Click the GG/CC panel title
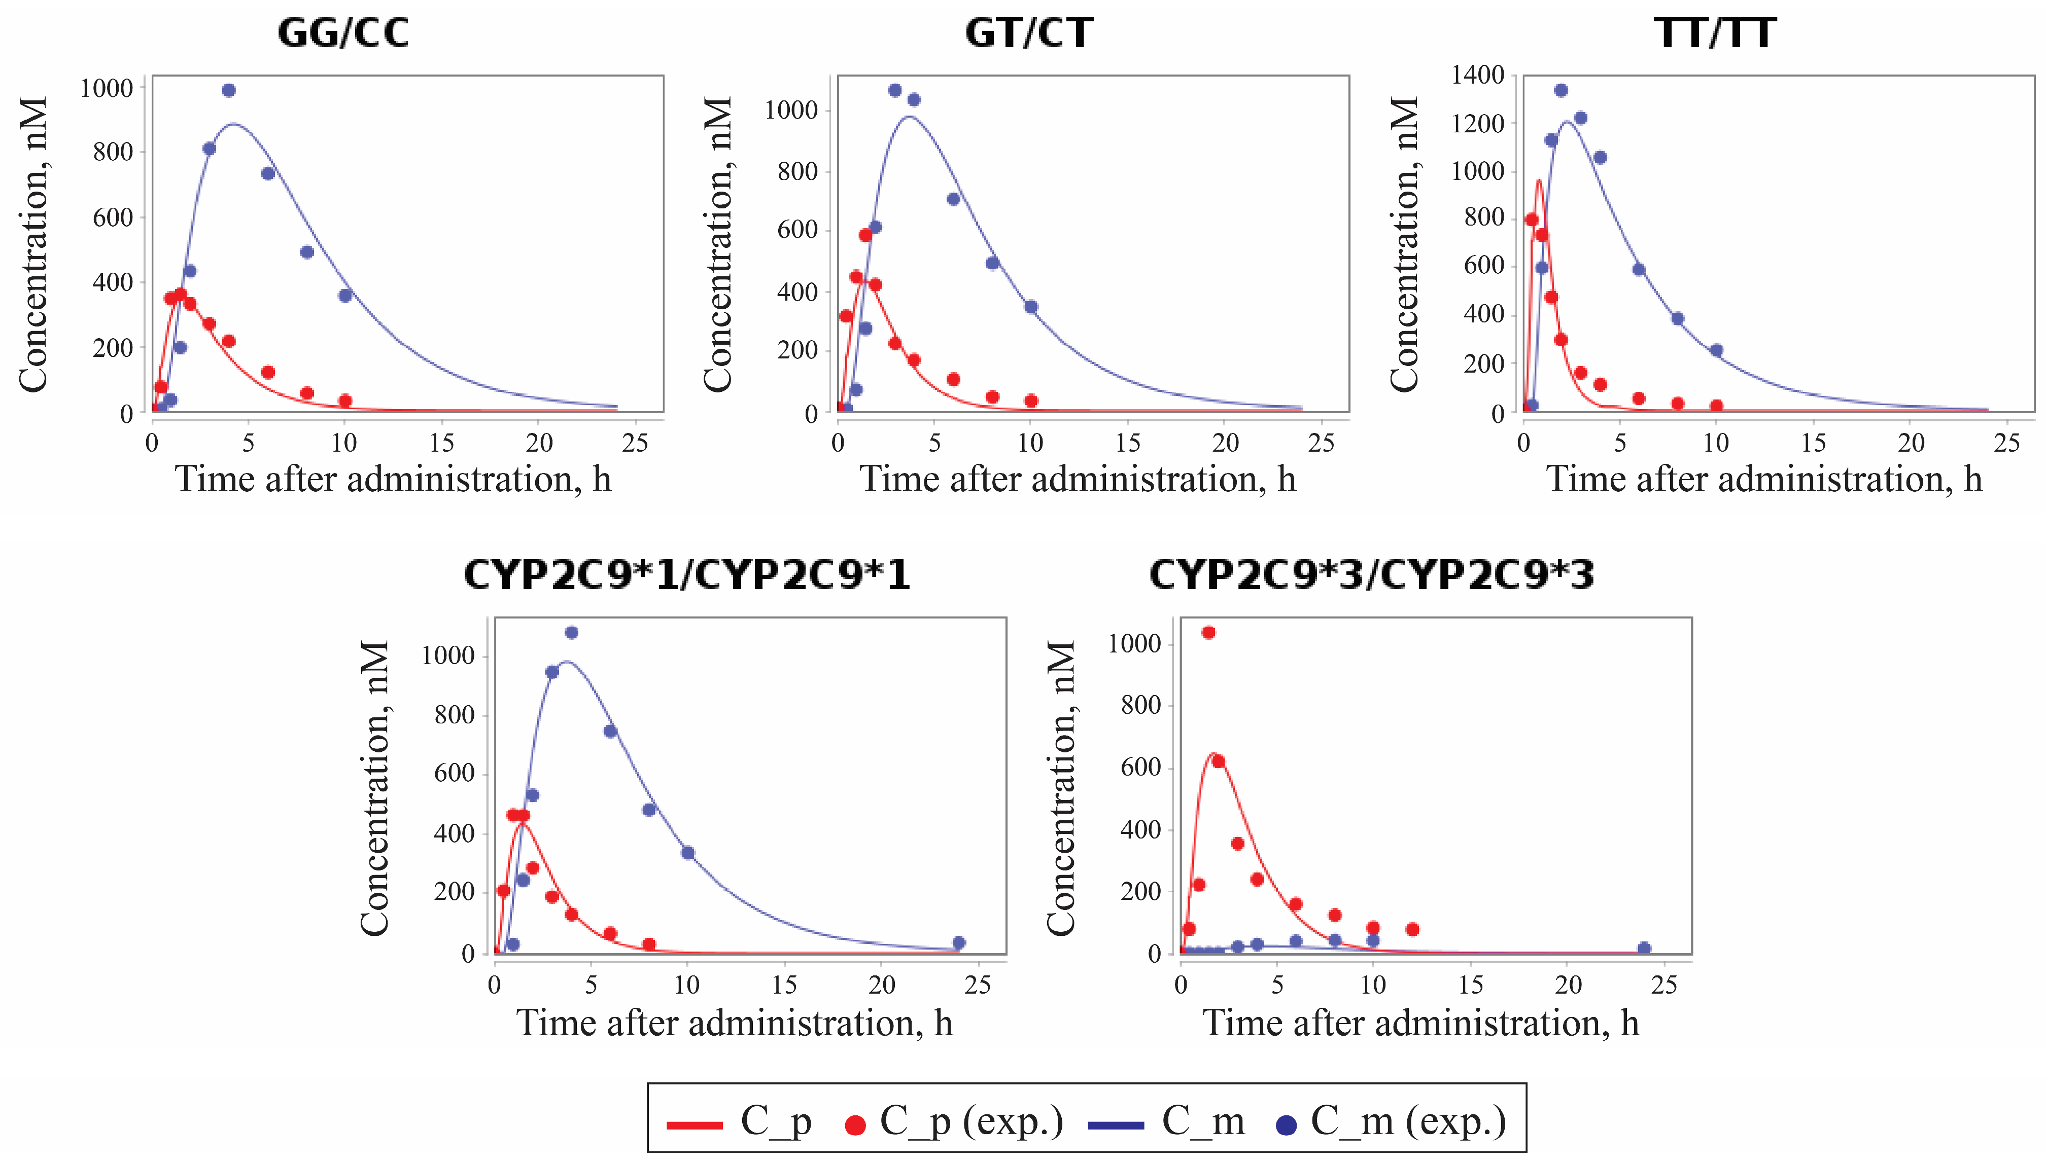tap(342, 33)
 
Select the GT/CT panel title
tap(1029, 33)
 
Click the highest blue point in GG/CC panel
tap(229, 90)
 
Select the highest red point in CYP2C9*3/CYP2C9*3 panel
tap(1209, 633)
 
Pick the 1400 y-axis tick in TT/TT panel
tap(1478, 75)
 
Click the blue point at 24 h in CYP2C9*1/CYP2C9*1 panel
tap(959, 942)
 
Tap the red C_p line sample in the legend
tap(695, 1125)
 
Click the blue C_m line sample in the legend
tap(1116, 1125)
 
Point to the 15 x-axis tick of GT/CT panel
tap(1128, 443)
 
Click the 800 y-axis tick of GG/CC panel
tap(113, 152)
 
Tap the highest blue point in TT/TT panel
tap(1561, 90)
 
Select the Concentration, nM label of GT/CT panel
tap(718, 244)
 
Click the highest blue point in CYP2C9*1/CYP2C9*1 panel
tap(572, 633)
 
